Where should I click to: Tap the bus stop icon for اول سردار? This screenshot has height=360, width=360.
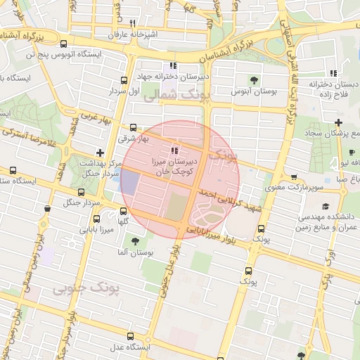pos(124,81)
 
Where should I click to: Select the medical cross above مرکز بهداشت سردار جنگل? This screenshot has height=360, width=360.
pos(101,152)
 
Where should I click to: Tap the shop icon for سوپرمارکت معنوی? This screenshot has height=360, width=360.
pos(293,178)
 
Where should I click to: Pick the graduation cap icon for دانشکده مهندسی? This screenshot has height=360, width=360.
pos(326,206)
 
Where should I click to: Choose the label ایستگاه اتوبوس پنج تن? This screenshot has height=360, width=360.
pos(63,53)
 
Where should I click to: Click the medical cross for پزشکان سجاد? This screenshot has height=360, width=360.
pos(338,123)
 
